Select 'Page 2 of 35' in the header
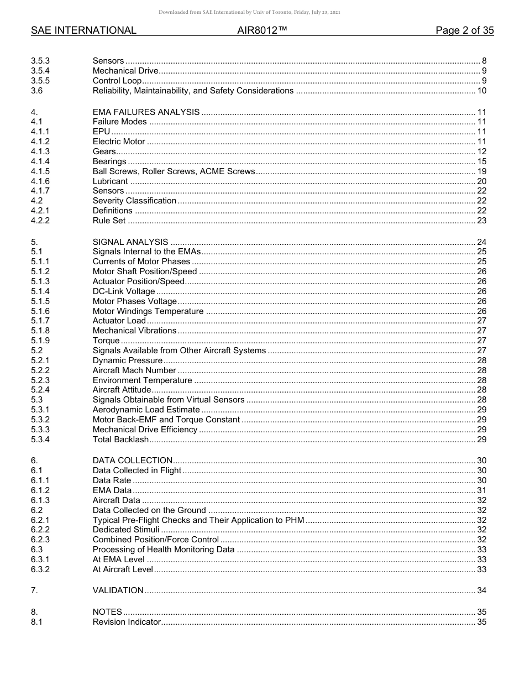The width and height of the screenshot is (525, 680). point(464,30)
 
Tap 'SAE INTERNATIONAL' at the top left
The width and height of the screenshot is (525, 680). point(83,30)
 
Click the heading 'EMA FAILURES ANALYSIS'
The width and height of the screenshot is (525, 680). point(146,112)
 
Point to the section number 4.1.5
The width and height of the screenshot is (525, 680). point(40,171)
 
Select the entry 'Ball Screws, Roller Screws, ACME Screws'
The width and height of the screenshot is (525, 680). point(174,171)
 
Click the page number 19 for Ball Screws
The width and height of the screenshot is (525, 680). point(481,171)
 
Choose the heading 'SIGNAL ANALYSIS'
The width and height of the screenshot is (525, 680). point(130,242)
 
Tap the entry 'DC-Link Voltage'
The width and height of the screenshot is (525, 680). point(124,291)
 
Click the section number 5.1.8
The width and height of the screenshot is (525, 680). point(40,331)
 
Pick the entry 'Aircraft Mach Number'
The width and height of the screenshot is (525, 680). point(134,370)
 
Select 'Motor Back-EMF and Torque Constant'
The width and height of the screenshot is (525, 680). point(166,420)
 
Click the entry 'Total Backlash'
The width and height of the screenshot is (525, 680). point(120,440)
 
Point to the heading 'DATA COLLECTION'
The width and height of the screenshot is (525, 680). point(133,461)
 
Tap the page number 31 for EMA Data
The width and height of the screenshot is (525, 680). point(481,490)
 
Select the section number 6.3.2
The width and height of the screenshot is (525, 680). point(40,569)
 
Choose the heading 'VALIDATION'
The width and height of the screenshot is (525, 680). point(118,590)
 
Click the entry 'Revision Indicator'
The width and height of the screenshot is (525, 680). point(127,622)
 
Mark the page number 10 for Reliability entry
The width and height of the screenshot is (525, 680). point(481,91)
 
